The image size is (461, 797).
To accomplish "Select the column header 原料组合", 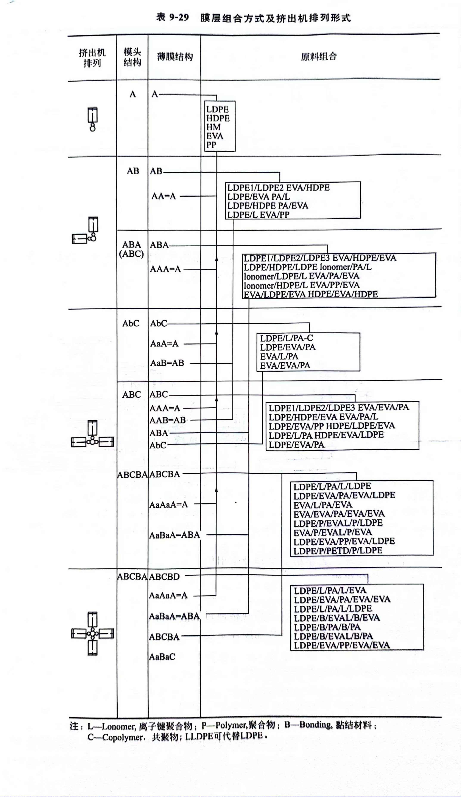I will click(319, 57).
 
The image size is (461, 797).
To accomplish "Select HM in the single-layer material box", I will click(213, 127).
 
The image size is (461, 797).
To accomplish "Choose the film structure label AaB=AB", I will click(167, 363).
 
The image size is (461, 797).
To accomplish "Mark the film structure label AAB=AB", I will click(168, 420).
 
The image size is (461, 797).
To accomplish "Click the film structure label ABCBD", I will click(164, 577).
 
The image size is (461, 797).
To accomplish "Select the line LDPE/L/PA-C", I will click(287, 338).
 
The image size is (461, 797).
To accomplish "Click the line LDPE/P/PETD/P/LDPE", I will click(338, 551).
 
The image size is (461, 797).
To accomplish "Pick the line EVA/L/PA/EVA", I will click(323, 505).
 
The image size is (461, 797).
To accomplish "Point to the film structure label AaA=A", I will click(164, 343).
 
